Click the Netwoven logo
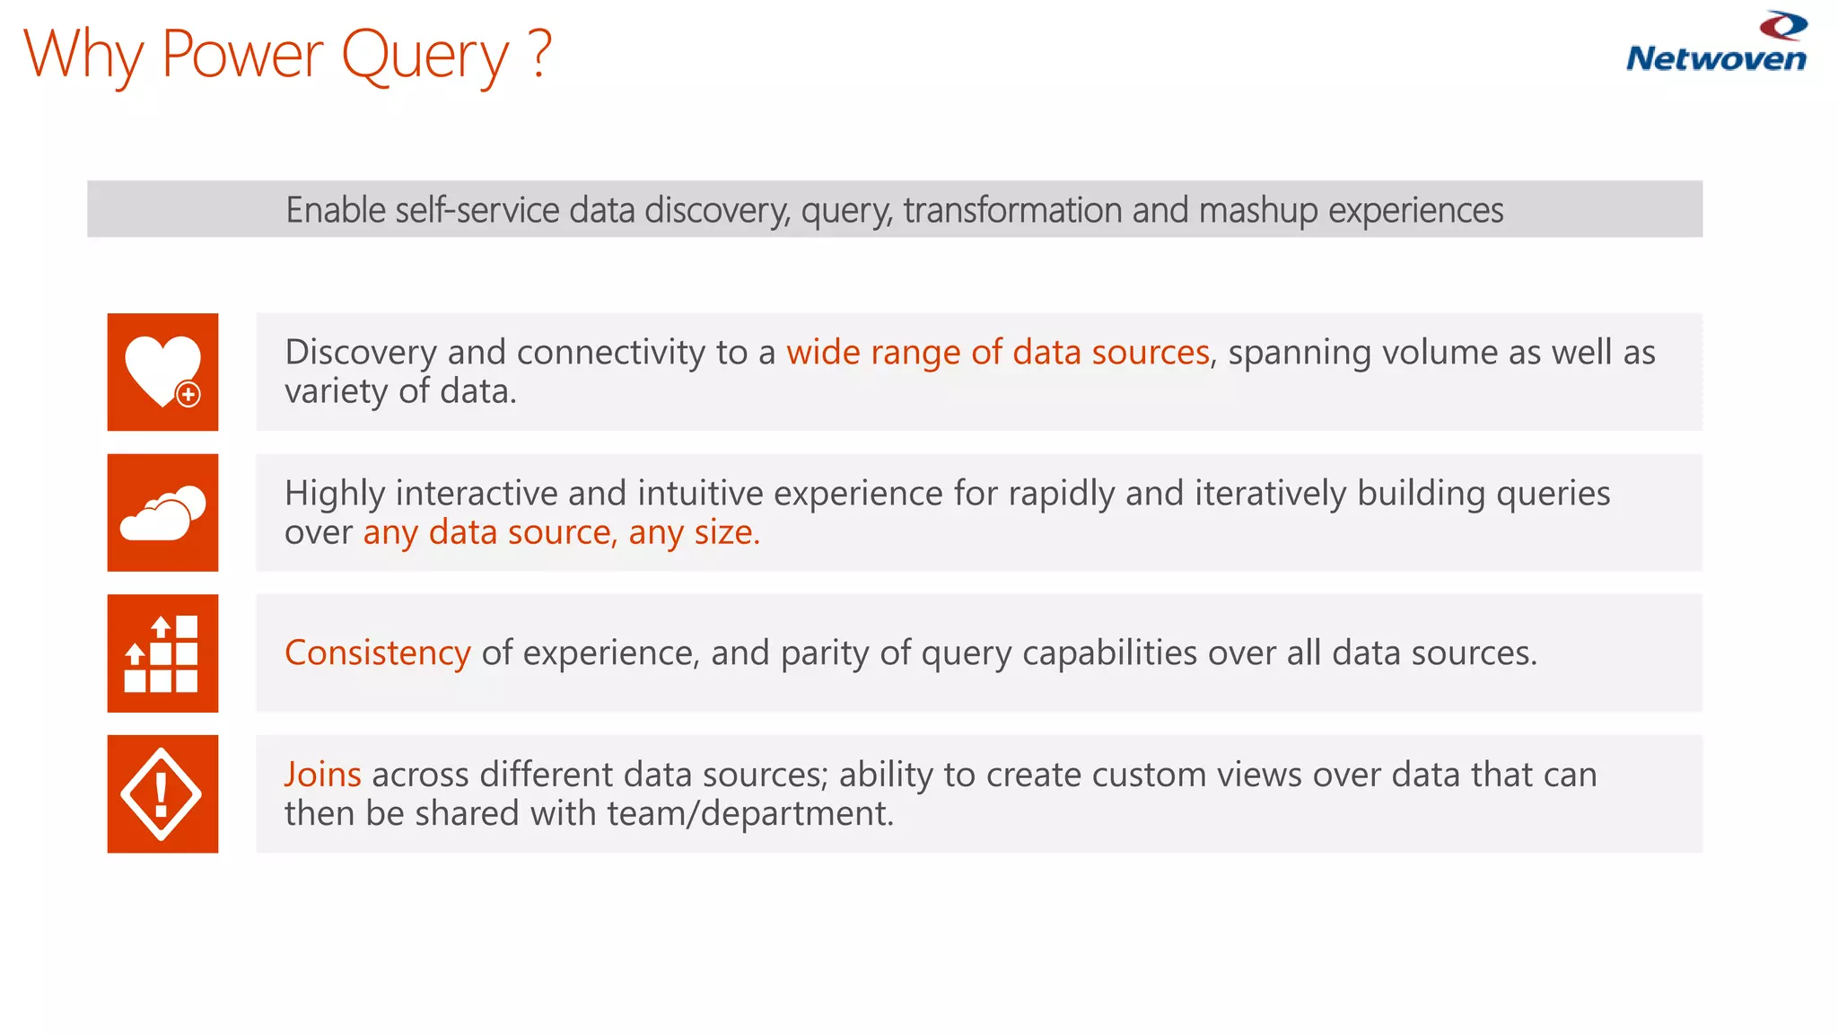pos(1716,43)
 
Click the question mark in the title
pos(539,54)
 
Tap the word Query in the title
pos(424,56)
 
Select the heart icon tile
pos(162,372)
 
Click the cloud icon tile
pos(162,513)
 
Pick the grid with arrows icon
pos(162,653)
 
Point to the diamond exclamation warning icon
pos(162,793)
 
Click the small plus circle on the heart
pos(188,394)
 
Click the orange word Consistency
pos(377,653)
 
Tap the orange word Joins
pos(322,775)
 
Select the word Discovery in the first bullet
pos(361,353)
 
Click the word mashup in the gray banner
pos(1258,211)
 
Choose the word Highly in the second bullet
pos(335,494)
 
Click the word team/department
pos(750,814)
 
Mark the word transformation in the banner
pos(1012,210)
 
